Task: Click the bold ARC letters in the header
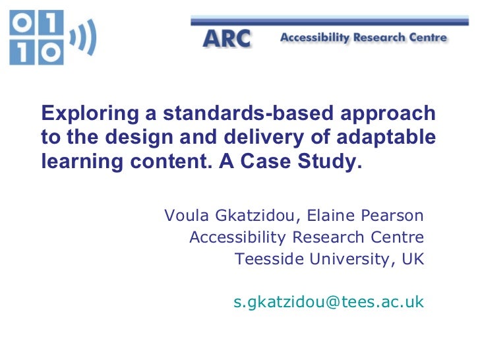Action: coord(226,39)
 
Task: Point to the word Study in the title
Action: coord(334,162)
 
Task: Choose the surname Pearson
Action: coord(394,216)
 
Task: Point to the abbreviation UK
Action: coord(413,258)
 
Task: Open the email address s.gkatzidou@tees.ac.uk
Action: coord(328,302)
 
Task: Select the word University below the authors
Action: coord(349,258)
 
